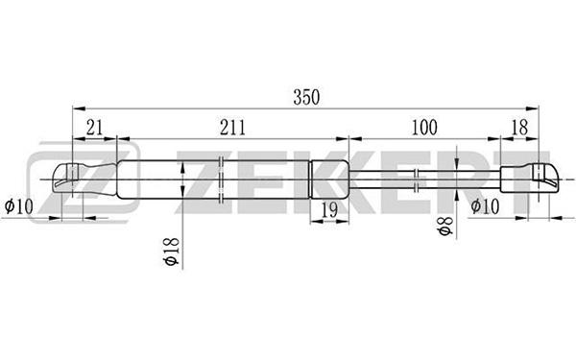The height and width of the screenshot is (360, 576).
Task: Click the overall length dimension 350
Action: pos(306,97)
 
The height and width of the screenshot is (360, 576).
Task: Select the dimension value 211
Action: pos(232,128)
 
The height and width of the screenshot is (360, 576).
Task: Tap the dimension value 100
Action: pos(424,128)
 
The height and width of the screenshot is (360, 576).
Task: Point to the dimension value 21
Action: pos(94,128)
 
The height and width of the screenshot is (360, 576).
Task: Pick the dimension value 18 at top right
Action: pos(519,128)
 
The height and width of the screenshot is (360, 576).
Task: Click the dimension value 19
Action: pos(329,210)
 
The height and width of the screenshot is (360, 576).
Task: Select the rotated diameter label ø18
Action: pos(171,252)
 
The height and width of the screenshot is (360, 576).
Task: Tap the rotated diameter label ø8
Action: pos(444,226)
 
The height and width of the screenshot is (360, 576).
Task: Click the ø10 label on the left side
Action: pos(19,206)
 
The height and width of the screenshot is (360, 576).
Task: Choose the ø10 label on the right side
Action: pos(485,206)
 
